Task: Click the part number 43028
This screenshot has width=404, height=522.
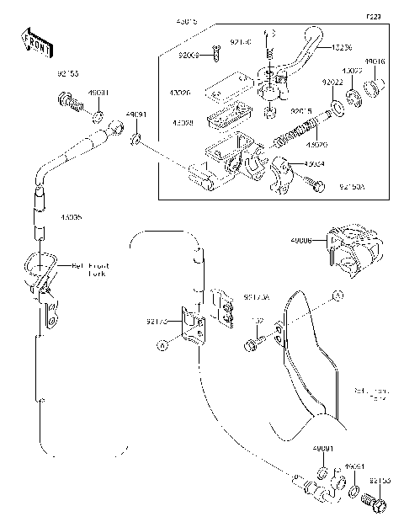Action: click(x=183, y=123)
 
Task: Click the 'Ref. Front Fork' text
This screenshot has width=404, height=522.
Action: click(x=91, y=270)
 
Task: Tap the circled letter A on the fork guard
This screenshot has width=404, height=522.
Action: click(x=337, y=296)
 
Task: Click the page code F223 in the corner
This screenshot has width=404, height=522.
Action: click(x=373, y=16)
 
